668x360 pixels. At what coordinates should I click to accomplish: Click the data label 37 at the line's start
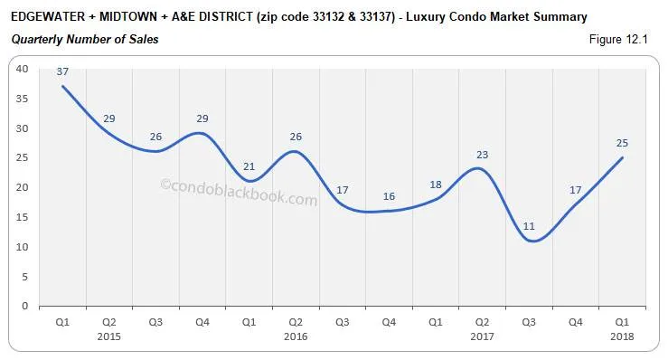pos(62,72)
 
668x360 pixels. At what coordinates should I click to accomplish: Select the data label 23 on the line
pos(482,155)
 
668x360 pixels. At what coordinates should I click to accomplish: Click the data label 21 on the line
pos(249,166)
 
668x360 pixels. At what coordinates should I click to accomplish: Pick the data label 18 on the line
pos(437,185)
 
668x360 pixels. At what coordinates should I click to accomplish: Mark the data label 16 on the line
pos(390,196)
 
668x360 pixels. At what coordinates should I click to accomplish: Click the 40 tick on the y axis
pos(23,69)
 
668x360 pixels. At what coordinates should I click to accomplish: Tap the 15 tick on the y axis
pos(23,217)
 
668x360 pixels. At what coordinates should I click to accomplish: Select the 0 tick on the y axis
pos(25,306)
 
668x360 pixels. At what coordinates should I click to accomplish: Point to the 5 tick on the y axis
pos(25,276)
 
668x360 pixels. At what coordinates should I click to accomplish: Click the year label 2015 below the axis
pos(109,336)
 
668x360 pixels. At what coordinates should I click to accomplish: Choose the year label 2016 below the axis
pos(296,336)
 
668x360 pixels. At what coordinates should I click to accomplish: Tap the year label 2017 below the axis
pos(484,336)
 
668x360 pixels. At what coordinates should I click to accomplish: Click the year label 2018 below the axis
pos(624,336)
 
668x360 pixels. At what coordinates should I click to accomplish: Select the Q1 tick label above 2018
pos(624,322)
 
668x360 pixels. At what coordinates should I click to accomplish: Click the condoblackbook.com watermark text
pos(239,192)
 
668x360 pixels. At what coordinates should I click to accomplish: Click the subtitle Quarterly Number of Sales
pos(84,40)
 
